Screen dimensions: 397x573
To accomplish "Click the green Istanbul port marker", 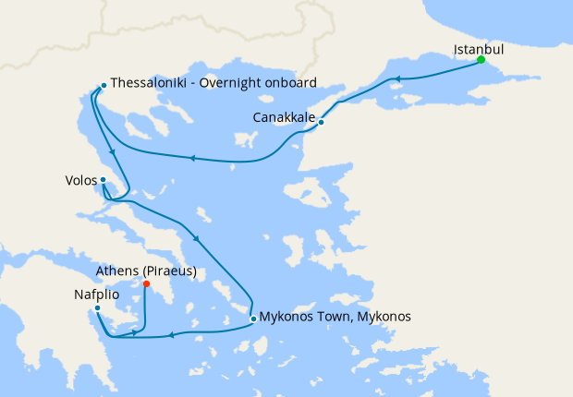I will [481, 60].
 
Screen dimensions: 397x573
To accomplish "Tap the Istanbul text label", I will [479, 48].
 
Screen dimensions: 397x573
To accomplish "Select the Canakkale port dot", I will [321, 122].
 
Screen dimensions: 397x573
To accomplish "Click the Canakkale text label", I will [284, 117].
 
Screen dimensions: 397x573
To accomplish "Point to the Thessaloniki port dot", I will [103, 86].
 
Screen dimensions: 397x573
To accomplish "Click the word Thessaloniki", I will [152, 81].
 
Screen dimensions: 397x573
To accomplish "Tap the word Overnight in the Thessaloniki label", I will [238, 81].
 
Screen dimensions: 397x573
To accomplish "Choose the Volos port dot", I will [103, 180].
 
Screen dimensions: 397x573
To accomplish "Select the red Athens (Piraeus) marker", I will [146, 283].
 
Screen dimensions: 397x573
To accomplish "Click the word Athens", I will [117, 271].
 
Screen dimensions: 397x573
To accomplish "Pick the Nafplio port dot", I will [96, 308].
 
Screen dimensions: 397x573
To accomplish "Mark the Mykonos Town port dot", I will [253, 319].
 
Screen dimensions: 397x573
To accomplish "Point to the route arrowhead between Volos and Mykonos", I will [196, 242].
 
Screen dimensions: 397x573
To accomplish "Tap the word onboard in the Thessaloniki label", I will [291, 81].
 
